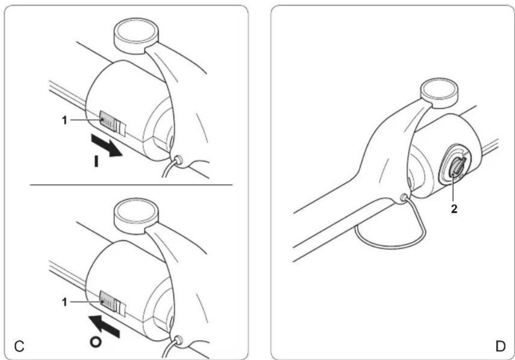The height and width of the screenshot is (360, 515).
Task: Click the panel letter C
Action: click(x=20, y=346)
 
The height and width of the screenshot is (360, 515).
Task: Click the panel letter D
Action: click(x=500, y=346)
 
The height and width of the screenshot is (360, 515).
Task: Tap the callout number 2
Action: click(x=454, y=209)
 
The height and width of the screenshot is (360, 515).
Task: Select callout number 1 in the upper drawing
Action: click(x=64, y=120)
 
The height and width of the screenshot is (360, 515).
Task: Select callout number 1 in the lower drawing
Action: click(x=64, y=301)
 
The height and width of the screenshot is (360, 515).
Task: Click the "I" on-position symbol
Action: click(x=96, y=161)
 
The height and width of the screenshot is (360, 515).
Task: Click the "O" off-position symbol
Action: click(x=95, y=342)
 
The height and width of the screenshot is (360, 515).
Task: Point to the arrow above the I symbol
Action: click(x=107, y=145)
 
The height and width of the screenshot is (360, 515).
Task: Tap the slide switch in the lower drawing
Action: click(x=113, y=304)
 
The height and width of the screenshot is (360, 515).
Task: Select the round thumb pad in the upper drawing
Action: click(x=135, y=35)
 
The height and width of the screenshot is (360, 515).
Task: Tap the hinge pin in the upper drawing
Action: click(x=179, y=160)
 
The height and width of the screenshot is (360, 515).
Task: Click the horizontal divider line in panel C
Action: click(x=131, y=185)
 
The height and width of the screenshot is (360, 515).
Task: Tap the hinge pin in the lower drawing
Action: click(x=179, y=340)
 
